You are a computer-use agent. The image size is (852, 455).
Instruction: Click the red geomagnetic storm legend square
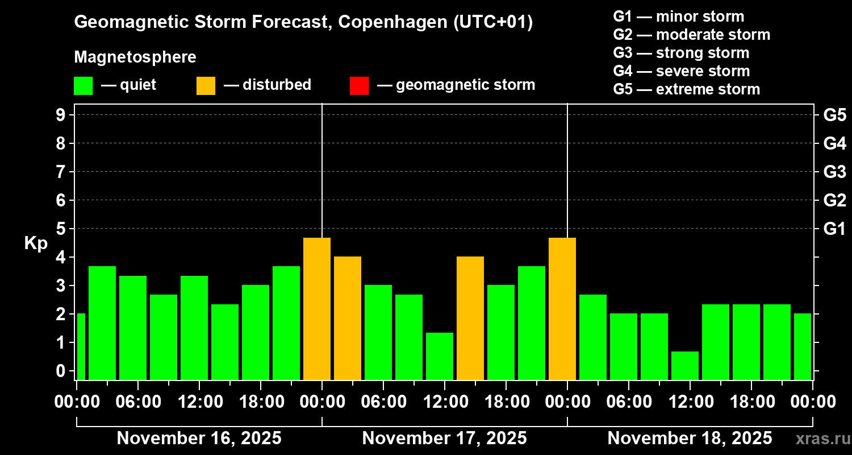pos(359,85)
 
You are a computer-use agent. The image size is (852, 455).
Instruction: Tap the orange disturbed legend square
pos(206,85)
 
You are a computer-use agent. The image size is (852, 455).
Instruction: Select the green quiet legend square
pos(83,85)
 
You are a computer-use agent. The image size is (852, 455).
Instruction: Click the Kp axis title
pos(36,243)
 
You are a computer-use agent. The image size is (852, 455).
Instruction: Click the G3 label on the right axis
pos(834,172)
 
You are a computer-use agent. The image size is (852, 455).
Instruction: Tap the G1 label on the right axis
pos(834,229)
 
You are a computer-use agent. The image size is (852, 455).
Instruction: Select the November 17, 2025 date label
pos(444,439)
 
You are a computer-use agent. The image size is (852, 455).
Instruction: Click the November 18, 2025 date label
pos(690,439)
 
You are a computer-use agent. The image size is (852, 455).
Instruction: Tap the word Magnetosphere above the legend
pos(135,57)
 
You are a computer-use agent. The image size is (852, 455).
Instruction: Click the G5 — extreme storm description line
pos(686,89)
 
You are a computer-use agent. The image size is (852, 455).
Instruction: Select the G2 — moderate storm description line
pos(691,35)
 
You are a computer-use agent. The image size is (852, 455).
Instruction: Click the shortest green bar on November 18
pos(684,366)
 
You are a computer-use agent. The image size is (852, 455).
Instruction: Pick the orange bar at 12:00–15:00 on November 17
pos(470,318)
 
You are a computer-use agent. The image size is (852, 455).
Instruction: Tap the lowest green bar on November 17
pos(440,356)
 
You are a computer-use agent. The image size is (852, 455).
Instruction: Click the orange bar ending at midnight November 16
pos(317,309)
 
